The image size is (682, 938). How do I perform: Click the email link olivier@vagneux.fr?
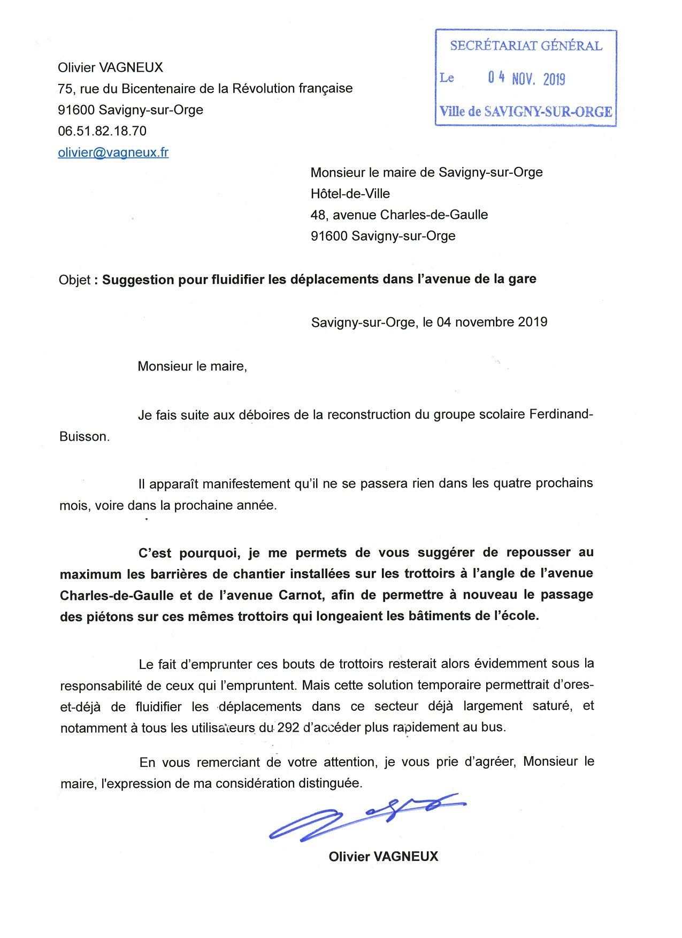tap(113, 152)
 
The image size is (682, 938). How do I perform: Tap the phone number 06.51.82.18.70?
tap(102, 131)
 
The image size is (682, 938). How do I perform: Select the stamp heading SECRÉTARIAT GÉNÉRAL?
tap(526, 46)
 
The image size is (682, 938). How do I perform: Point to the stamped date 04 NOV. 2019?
tap(526, 79)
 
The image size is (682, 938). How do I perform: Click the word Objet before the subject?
tap(74, 280)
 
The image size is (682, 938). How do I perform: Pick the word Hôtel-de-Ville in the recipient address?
tap(350, 194)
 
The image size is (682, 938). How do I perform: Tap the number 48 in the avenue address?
tap(318, 215)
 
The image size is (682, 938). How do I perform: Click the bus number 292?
tap(288, 727)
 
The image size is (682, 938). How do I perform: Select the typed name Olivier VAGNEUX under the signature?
tap(383, 856)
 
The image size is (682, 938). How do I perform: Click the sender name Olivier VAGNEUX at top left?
tap(110, 67)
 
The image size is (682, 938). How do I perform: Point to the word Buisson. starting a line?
tap(85, 436)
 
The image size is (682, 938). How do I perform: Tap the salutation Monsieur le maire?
tap(192, 366)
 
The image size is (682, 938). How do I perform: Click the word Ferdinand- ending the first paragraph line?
tap(561, 414)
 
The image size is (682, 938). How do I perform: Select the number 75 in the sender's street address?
tap(65, 89)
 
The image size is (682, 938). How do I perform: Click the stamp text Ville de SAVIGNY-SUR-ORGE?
tap(526, 112)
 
